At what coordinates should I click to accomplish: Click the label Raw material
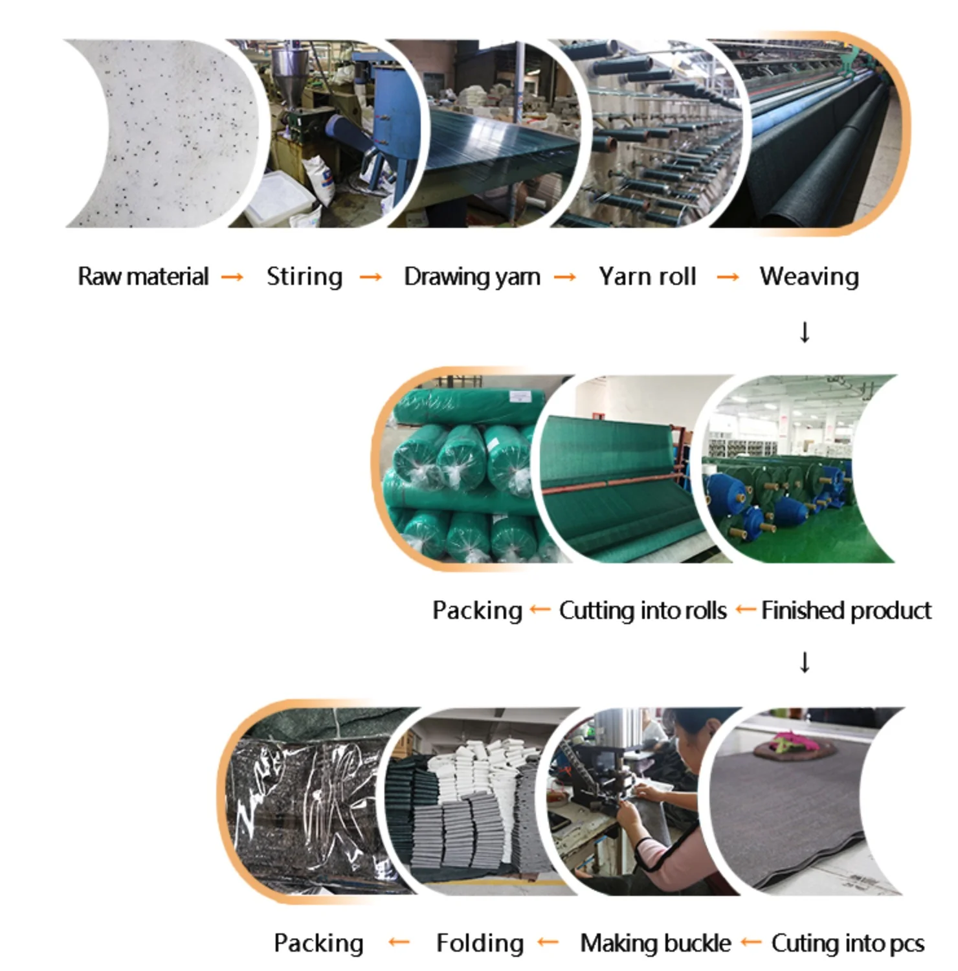(x=143, y=276)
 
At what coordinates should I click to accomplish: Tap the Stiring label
(x=304, y=276)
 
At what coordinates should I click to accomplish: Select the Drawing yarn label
(x=472, y=276)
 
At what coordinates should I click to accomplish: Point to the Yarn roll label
(x=647, y=276)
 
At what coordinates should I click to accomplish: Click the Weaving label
(x=809, y=276)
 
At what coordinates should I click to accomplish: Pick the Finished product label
(x=846, y=610)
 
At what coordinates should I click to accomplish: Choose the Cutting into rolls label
(x=643, y=610)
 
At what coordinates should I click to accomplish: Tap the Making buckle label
(x=655, y=943)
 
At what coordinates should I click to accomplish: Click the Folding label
(x=480, y=943)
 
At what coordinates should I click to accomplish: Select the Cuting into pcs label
(x=847, y=943)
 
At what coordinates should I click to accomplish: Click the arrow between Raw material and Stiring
(x=232, y=277)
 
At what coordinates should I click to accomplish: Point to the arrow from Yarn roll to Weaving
(x=728, y=277)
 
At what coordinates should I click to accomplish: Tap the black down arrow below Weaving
(x=805, y=332)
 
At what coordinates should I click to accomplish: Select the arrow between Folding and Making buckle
(x=548, y=943)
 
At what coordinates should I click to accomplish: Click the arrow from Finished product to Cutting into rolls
(x=745, y=610)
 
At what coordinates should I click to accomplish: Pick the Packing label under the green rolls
(x=477, y=610)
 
